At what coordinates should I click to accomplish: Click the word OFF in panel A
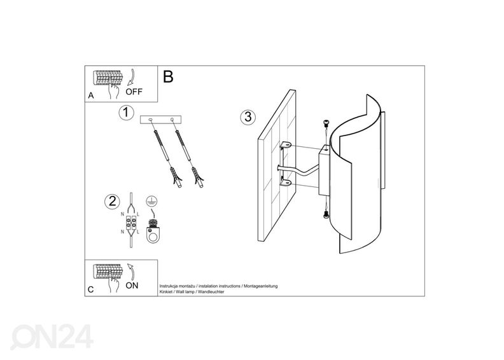134,92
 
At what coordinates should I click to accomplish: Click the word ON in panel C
132,286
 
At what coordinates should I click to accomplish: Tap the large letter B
168,77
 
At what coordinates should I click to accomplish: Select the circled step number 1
126,113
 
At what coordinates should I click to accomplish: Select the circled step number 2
112,202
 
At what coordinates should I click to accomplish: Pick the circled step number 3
248,117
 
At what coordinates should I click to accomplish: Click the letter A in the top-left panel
91,95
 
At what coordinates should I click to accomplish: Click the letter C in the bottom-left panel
90,289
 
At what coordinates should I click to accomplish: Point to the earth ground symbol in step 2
151,201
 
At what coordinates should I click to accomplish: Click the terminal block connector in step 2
130,222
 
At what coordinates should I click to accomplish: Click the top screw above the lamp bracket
326,122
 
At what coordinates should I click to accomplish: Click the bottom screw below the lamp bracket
326,216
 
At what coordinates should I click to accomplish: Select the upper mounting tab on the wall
285,146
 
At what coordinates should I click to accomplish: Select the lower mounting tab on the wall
285,183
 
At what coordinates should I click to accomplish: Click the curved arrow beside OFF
132,77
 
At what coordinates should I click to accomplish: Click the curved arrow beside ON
131,272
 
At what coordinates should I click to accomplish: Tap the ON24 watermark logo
52,336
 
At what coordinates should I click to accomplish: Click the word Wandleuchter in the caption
211,292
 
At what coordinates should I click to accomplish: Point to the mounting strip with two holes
161,120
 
